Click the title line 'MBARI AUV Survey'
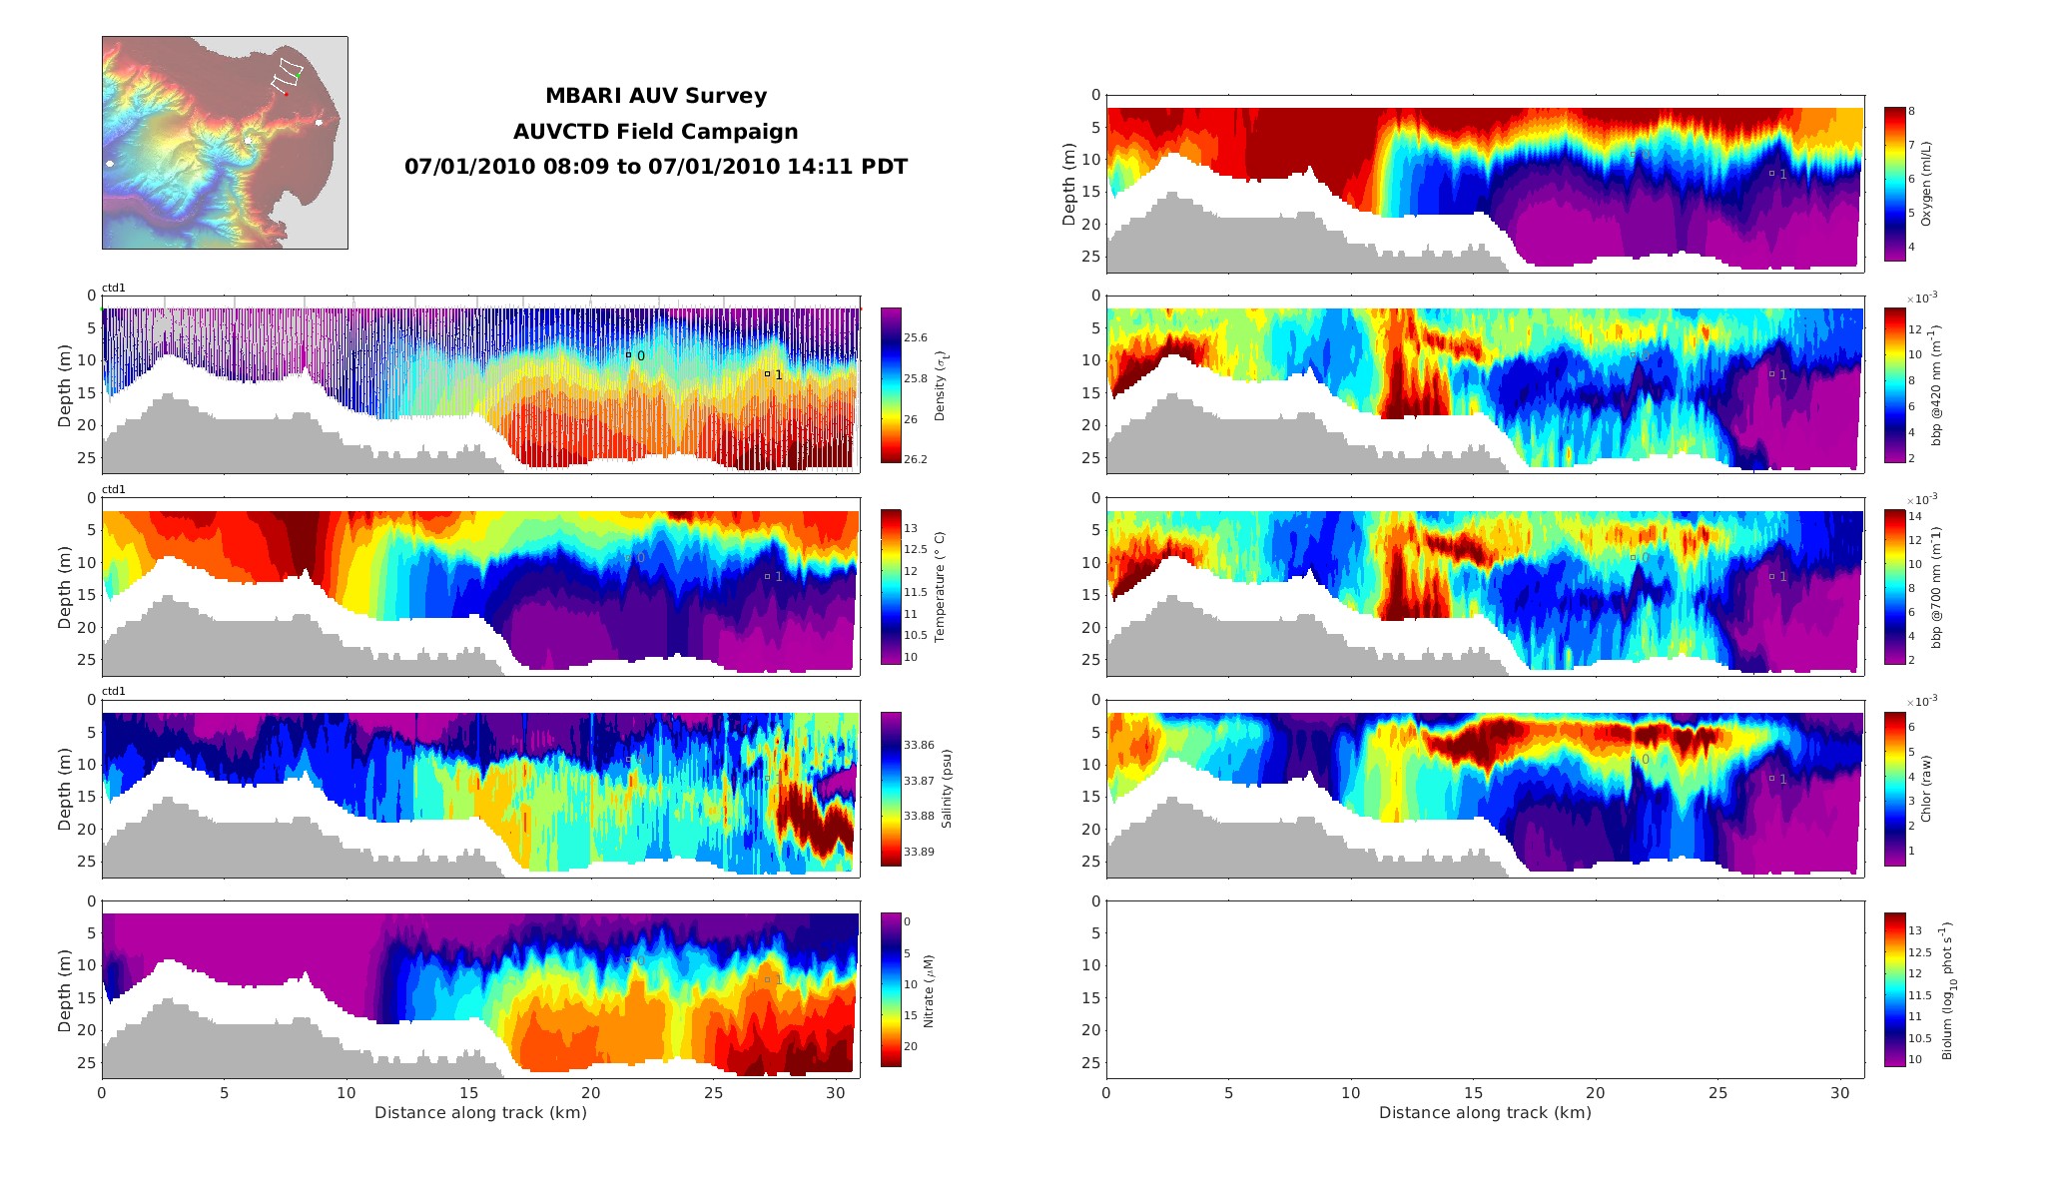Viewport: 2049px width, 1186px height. [x=656, y=96]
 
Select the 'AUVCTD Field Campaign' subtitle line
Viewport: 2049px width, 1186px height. [x=656, y=132]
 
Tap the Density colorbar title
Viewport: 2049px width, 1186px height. [x=940, y=384]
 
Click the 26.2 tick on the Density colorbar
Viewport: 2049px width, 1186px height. [x=915, y=459]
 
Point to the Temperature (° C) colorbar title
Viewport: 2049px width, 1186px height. [x=940, y=586]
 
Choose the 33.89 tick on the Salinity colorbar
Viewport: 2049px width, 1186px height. [x=919, y=852]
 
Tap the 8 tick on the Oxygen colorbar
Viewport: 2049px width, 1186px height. [x=1911, y=111]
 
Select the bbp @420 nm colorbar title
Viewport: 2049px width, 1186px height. [x=1936, y=384]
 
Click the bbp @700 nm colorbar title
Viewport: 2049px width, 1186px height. [x=1936, y=587]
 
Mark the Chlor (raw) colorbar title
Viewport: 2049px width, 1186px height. [x=1926, y=788]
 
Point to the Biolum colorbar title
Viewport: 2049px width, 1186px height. [x=1948, y=990]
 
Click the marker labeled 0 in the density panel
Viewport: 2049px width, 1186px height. [x=628, y=354]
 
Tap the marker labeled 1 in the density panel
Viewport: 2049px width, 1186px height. [x=767, y=374]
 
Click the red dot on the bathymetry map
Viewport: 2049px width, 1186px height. [x=286, y=94]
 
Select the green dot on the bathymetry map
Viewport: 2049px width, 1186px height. [x=298, y=75]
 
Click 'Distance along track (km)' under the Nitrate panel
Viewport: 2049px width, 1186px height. [x=480, y=1112]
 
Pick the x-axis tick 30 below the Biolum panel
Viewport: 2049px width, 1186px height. [x=1840, y=1093]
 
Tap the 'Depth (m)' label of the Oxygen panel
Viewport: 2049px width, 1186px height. [x=1069, y=184]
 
